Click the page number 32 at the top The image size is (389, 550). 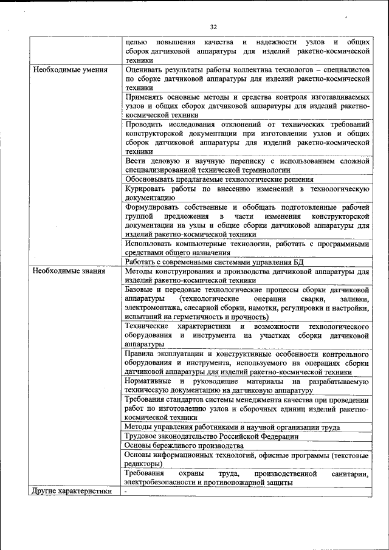click(213, 27)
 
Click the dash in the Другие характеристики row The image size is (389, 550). click(126, 491)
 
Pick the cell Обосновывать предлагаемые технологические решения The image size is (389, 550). click(219, 179)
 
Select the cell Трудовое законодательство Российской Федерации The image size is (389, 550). click(212, 436)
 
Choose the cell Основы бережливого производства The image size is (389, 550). click(181, 445)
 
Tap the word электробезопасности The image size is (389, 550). click(161, 482)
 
